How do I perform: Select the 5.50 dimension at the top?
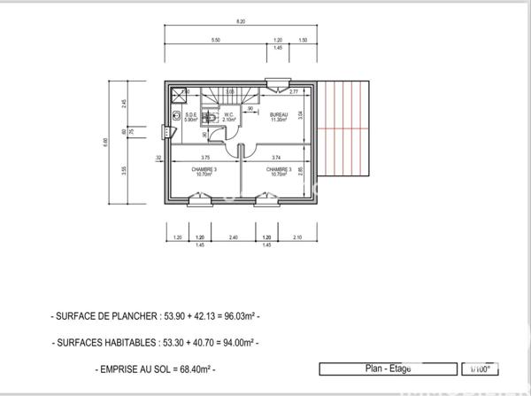tap(215, 41)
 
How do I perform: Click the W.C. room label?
tap(227, 116)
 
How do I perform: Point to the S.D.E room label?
tap(189, 116)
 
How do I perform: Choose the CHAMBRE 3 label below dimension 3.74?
tap(279, 170)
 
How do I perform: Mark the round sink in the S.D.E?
tap(177, 115)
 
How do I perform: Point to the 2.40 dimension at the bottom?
tap(233, 237)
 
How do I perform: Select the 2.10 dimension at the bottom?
tap(296, 237)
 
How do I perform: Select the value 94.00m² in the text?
tap(237, 341)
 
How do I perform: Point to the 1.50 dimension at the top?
tap(303, 41)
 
